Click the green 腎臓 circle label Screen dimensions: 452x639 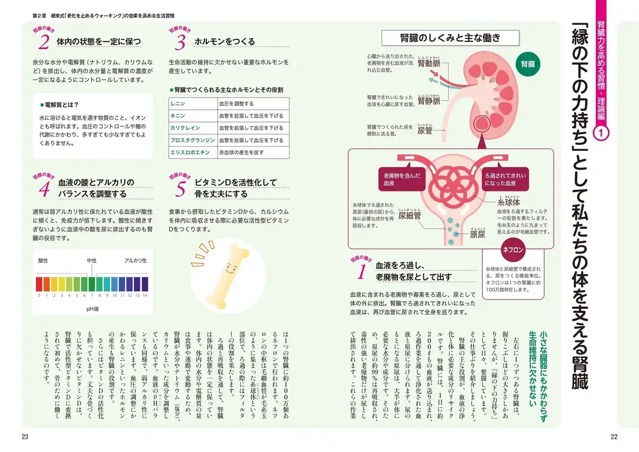pos(528,64)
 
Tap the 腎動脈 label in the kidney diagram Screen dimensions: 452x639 pos(429,63)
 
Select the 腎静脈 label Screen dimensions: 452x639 pos(429,101)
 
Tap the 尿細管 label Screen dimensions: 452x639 pos(409,215)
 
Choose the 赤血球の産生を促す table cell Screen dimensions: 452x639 pos(253,152)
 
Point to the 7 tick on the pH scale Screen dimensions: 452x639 pos(92,295)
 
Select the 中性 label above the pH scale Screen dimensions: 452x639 pos(92,261)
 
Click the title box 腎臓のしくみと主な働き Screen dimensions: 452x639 pos(450,38)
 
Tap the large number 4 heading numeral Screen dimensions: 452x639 pos(44,189)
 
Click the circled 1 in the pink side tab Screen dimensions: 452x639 pos(601,133)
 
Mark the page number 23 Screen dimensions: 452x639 pos(25,437)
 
